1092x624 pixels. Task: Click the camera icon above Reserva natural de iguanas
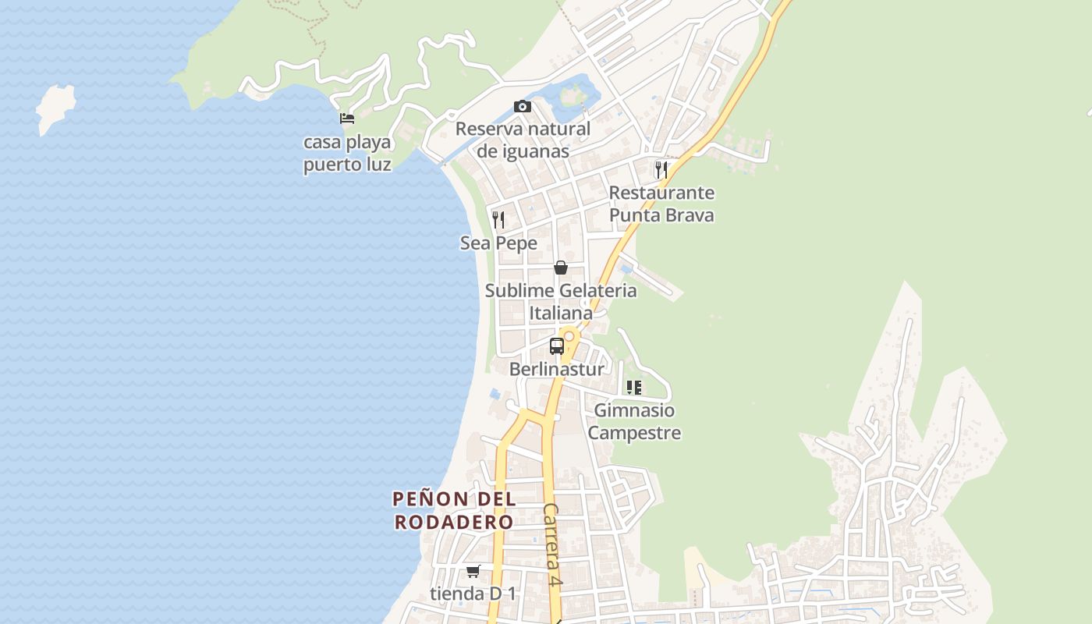522,106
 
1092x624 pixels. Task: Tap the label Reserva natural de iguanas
523,140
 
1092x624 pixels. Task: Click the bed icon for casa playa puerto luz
347,119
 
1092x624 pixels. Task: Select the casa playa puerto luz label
347,154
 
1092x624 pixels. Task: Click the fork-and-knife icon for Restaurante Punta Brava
661,169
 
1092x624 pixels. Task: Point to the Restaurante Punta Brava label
661,204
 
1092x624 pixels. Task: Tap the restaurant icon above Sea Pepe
498,219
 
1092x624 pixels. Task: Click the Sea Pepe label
498,243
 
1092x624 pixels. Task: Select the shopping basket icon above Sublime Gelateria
560,268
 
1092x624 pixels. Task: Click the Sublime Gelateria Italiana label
561,302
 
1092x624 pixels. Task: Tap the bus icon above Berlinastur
557,346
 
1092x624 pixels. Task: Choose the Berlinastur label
556,369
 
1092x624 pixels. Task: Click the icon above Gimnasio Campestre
633,387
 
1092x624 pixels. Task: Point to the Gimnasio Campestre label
634,421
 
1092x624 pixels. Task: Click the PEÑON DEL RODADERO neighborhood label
454,510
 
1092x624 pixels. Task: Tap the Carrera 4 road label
553,544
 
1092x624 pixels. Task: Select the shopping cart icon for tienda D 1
473,571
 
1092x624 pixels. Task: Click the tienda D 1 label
473,594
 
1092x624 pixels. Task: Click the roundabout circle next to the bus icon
569,336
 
